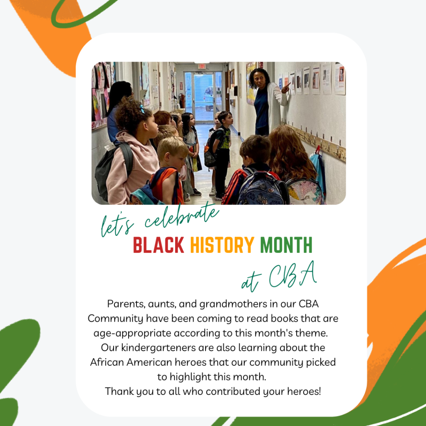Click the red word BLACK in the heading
159,245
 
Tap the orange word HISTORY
222,245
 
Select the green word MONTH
286,245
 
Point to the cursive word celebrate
181,216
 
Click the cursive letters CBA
293,275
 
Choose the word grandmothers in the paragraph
233,304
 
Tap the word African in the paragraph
107,362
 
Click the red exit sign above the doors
202,66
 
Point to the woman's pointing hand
285,88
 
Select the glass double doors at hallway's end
203,96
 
